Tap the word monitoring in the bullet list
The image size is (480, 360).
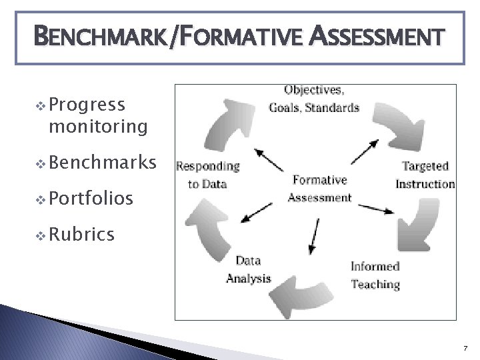[x=97, y=126]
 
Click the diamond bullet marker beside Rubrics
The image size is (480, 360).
[x=40, y=235]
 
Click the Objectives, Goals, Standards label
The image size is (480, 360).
[x=313, y=98]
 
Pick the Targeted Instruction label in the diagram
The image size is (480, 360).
[x=425, y=175]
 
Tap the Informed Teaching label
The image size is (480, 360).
[x=375, y=275]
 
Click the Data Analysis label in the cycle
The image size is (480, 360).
[x=248, y=269]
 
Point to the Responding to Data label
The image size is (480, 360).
[x=208, y=175]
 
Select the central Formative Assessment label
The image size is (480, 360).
[x=319, y=188]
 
